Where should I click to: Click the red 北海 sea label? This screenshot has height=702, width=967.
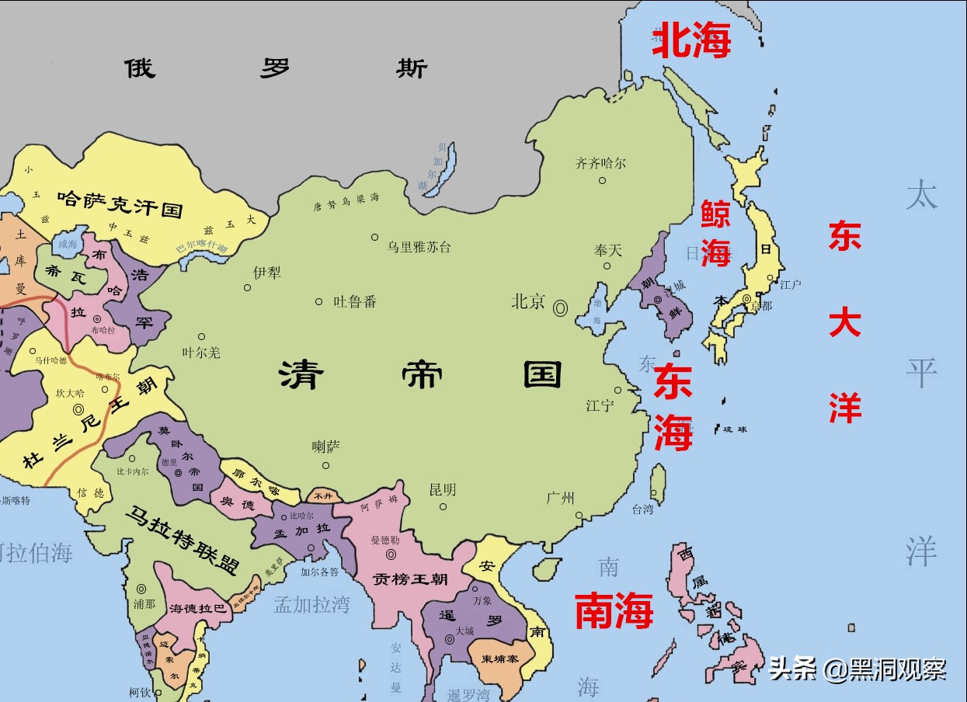691,42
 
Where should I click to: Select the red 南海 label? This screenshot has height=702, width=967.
614,610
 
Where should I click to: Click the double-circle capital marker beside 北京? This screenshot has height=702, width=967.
560,308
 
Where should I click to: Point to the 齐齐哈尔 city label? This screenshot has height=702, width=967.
600,164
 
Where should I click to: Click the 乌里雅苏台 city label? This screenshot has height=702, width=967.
419,247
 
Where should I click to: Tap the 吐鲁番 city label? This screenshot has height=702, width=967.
355,301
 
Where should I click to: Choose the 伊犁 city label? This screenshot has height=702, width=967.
267,273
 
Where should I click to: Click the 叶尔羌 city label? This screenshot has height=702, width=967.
201,353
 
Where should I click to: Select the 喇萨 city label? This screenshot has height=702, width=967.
326,447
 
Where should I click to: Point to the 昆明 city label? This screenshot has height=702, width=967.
443,490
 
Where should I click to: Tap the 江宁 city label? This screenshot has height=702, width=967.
600,405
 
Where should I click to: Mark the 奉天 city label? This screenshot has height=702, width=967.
608,250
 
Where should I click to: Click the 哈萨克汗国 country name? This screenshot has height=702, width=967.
120,207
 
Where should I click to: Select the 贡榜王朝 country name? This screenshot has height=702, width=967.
409,579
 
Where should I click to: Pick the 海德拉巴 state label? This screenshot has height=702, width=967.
198,609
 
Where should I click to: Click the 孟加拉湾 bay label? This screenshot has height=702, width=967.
311,605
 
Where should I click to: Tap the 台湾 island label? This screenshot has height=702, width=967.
642,509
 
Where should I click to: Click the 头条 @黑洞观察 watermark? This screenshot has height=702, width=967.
857,669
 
